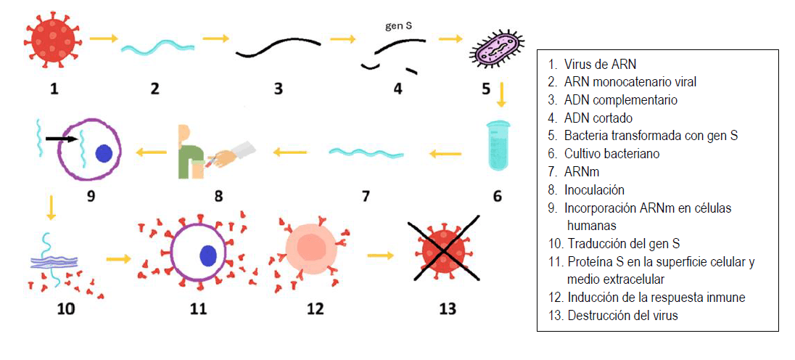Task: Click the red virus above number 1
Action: [x=53, y=43]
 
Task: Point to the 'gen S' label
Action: [x=398, y=27]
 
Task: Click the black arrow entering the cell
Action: [x=61, y=137]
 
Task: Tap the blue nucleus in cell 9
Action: [x=104, y=153]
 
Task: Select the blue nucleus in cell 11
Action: [x=208, y=255]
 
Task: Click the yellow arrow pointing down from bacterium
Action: [x=501, y=94]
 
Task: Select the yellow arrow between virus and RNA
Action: [x=104, y=38]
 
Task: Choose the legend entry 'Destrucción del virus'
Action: [x=622, y=316]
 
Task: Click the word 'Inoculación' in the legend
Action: [x=594, y=190]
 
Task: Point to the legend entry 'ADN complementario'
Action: [x=621, y=100]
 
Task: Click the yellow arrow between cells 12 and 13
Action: [x=380, y=255]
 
